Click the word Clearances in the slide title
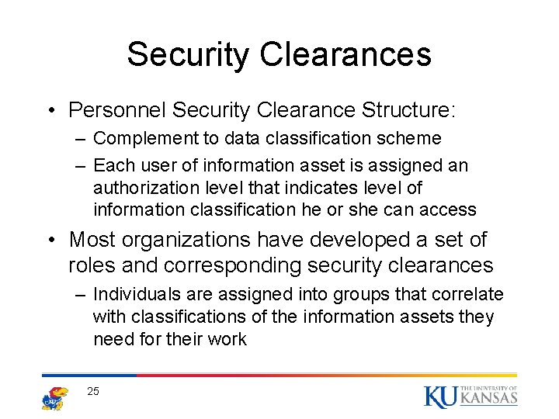[x=345, y=54]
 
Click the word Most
[x=92, y=239]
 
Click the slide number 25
[x=93, y=391]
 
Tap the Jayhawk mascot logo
[x=54, y=396]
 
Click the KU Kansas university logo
[x=470, y=395]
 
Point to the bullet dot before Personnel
[x=49, y=111]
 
